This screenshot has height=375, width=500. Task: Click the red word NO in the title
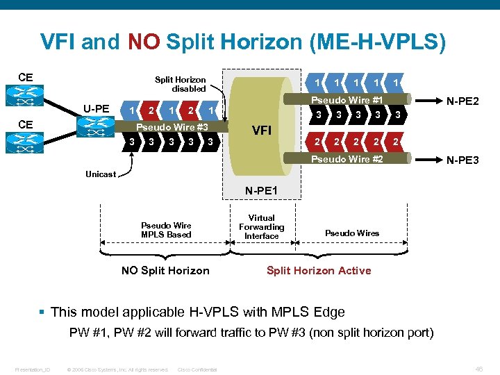[x=144, y=42]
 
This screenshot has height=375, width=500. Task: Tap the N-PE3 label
[x=462, y=160]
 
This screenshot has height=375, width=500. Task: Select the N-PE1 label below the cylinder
[x=261, y=190]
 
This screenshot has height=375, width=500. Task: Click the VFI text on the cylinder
[x=262, y=130]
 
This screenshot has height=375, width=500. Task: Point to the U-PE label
[x=97, y=108]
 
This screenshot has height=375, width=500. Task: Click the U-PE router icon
[x=94, y=126]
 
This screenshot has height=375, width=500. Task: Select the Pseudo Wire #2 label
[x=347, y=160]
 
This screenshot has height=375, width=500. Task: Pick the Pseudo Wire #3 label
[x=172, y=127]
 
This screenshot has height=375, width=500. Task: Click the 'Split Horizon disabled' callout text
[x=180, y=84]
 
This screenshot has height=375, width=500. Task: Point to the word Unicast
[x=101, y=174]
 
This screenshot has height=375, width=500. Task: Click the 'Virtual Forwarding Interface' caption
[x=261, y=227]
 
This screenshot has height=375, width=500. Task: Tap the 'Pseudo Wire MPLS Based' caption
[x=166, y=230]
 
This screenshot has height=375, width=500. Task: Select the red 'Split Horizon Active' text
[x=319, y=270]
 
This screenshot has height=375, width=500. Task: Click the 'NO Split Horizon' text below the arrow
[x=165, y=270]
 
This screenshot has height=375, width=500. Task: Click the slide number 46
[x=480, y=369]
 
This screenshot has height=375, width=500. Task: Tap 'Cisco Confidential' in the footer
[x=197, y=369]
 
